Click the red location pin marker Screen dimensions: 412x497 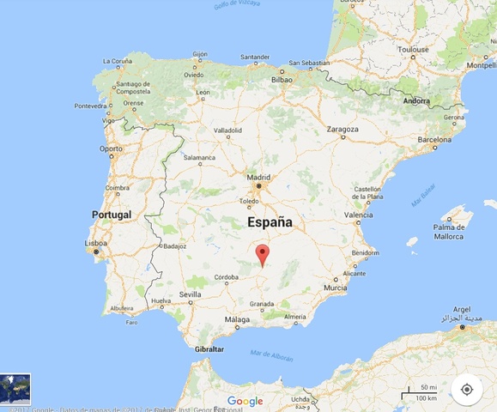coord(263,254)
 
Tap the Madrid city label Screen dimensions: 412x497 coord(258,178)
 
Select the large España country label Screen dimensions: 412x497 coord(270,222)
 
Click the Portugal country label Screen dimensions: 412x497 coord(112,214)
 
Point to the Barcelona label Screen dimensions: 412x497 coord(434,139)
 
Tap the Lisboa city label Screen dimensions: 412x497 coord(96,243)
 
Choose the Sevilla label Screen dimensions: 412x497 coord(190,294)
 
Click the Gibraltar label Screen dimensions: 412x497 coord(209,349)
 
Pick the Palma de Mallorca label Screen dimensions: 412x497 coord(450,231)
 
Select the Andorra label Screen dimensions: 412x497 coord(416,100)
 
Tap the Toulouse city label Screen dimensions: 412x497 coord(412,50)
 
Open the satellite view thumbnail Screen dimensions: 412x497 coord(15,389)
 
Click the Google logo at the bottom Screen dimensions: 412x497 coord(245,401)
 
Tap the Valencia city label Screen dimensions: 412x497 coord(358,215)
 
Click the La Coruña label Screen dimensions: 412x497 coord(118,62)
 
